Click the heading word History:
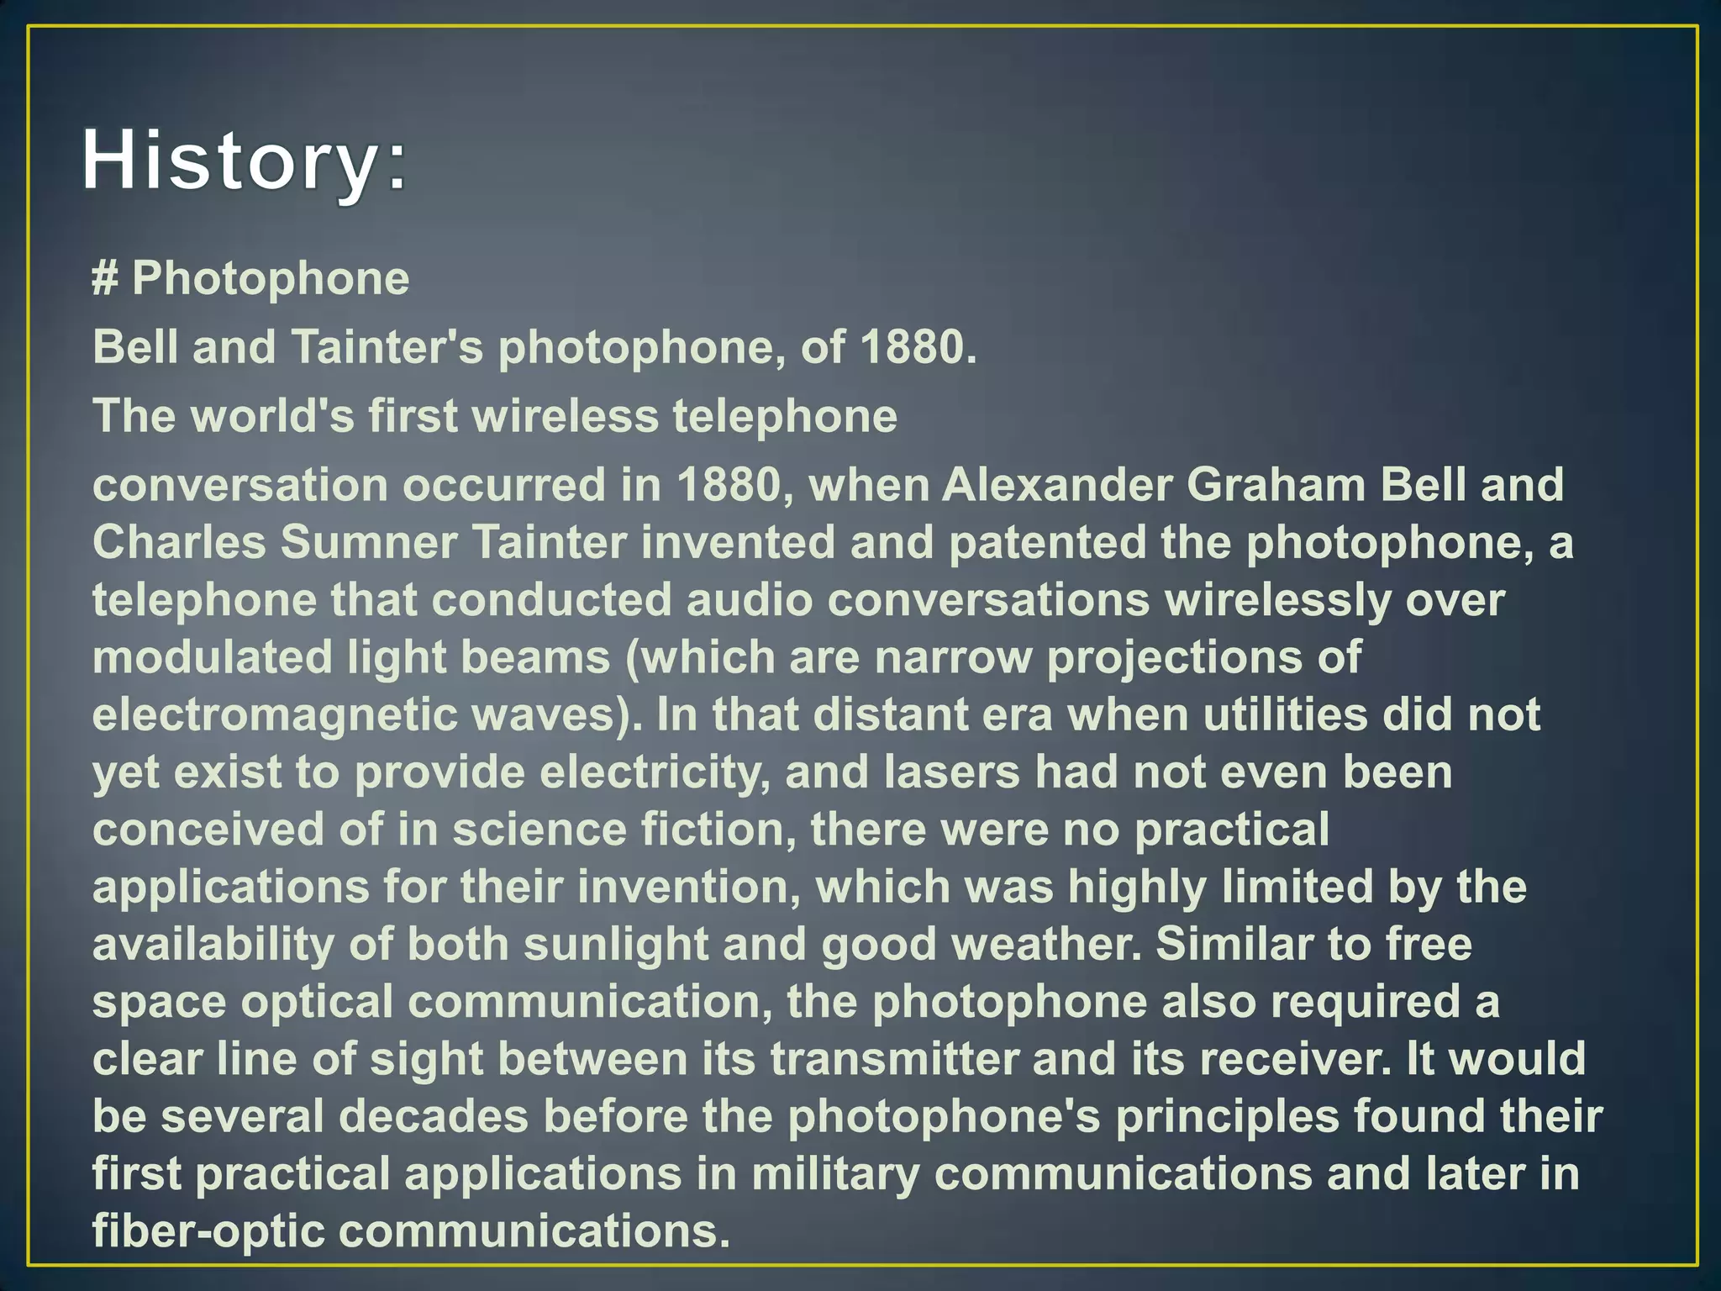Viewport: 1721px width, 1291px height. (244, 161)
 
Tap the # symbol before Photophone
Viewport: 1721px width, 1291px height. (104, 278)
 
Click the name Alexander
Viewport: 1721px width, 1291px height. (1055, 485)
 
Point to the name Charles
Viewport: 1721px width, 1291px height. (179, 542)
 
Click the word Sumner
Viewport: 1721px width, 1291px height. (369, 542)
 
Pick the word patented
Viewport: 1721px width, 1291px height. (1047, 542)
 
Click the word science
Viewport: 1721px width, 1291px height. (539, 830)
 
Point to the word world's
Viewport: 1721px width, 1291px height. (274, 416)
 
